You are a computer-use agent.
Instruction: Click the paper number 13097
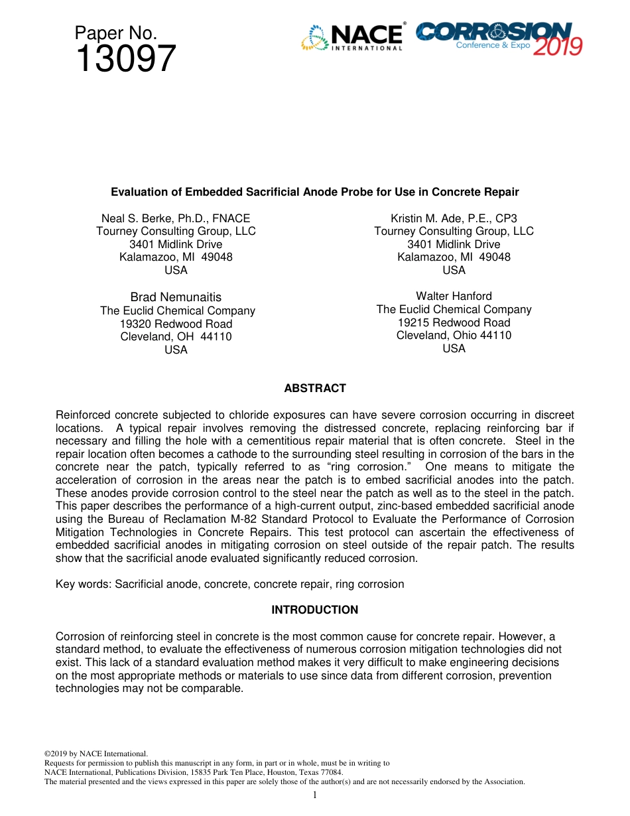pyautogui.click(x=125, y=59)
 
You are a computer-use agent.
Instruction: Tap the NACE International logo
pyautogui.click(x=352, y=38)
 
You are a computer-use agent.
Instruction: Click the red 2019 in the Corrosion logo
pyautogui.click(x=558, y=46)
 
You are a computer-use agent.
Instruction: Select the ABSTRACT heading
pyautogui.click(x=314, y=388)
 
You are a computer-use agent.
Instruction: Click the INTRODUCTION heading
pyautogui.click(x=314, y=610)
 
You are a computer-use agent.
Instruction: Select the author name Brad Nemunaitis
pyautogui.click(x=176, y=297)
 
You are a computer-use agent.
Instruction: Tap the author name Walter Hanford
pyautogui.click(x=454, y=296)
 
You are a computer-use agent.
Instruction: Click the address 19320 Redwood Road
pyautogui.click(x=176, y=324)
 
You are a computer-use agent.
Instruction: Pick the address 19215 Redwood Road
pyautogui.click(x=454, y=322)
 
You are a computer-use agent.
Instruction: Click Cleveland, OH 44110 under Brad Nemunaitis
pyautogui.click(x=176, y=336)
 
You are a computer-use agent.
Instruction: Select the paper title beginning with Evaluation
pyautogui.click(x=314, y=192)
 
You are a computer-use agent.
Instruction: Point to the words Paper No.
pyautogui.click(x=115, y=33)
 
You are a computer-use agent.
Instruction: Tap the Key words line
pyautogui.click(x=229, y=584)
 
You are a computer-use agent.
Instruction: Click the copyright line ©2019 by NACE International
pyautogui.click(x=95, y=754)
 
